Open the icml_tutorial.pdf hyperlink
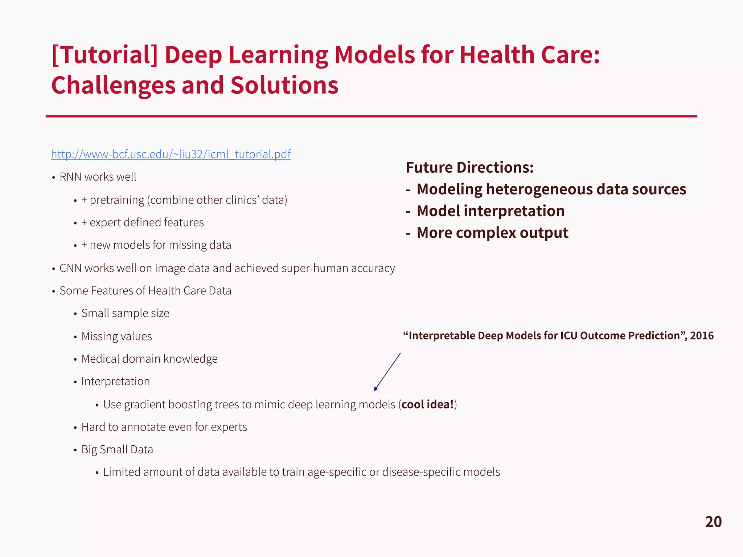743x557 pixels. (171, 154)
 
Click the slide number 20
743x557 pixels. (713, 522)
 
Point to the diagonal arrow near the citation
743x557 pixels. (387, 372)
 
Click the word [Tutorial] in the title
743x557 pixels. (105, 55)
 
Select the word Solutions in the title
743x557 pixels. (284, 86)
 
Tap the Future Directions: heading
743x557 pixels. (469, 168)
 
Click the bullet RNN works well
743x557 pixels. (98, 177)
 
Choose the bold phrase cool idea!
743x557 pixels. (428, 404)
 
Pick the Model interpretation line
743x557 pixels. (490, 211)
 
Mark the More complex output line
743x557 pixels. (492, 233)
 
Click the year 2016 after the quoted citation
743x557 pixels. (702, 336)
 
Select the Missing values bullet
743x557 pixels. (116, 337)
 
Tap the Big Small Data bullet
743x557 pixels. (117, 450)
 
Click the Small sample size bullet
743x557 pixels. (125, 313)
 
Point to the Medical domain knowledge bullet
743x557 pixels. (149, 359)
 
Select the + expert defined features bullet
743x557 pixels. (143, 223)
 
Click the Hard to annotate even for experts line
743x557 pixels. (164, 427)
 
